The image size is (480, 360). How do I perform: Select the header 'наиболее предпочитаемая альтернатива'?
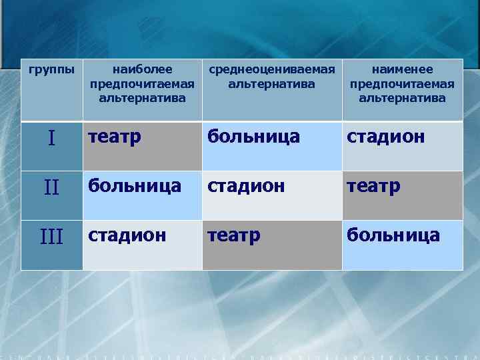142,83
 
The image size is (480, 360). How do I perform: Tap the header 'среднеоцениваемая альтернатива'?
271,77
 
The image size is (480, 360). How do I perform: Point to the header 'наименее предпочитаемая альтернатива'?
402,83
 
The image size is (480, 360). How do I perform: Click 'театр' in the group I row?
115,137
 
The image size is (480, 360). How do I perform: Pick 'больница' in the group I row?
253,137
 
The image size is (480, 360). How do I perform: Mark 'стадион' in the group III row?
128,235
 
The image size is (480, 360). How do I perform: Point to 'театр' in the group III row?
233,235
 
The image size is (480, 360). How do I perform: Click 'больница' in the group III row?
393,235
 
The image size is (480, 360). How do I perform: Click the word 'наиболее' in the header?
142,69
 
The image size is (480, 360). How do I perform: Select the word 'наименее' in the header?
402,69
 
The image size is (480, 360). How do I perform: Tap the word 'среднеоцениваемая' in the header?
271,69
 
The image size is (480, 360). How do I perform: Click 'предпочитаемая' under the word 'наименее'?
402,83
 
